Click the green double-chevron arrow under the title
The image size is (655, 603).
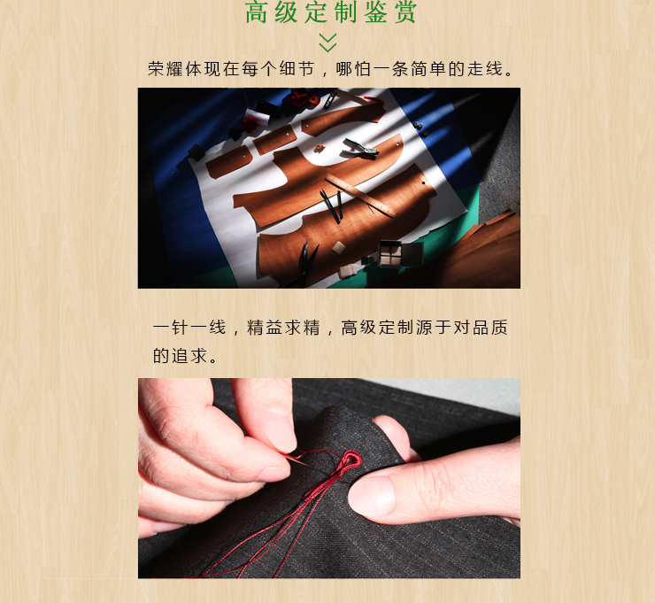click(327, 43)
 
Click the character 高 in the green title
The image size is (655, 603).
click(256, 12)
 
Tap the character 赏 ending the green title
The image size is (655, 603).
click(405, 12)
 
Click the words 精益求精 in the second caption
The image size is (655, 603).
click(283, 328)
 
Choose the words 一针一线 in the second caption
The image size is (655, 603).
click(189, 328)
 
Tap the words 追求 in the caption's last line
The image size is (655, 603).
click(189, 356)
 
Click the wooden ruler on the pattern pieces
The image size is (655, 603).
click(359, 196)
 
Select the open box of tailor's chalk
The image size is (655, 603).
click(399, 253)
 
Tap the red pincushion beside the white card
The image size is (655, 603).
click(250, 124)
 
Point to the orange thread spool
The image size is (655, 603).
click(313, 99)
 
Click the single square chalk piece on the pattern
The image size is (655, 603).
click(338, 247)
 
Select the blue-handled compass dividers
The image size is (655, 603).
click(331, 205)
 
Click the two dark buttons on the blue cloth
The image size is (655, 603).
click(420, 129)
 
